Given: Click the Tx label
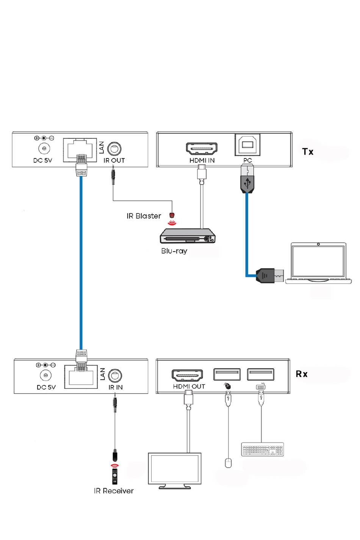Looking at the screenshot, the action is pyautogui.click(x=308, y=152).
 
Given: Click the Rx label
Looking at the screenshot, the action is pyautogui.click(x=301, y=374).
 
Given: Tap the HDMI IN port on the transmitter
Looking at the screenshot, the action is pyautogui.click(x=202, y=149).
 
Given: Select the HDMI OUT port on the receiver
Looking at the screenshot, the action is pyautogui.click(x=187, y=375).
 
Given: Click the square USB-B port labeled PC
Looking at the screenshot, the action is pyautogui.click(x=247, y=145).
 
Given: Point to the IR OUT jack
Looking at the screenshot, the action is pyautogui.click(x=114, y=149).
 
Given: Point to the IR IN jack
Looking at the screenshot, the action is pyautogui.click(x=115, y=376).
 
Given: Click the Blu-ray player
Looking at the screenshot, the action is pyautogui.click(x=187, y=236).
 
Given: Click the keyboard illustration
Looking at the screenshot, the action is pyautogui.click(x=262, y=449).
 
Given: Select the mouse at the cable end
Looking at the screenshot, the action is pyautogui.click(x=228, y=463).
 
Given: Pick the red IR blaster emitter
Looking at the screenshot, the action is pyautogui.click(x=172, y=215).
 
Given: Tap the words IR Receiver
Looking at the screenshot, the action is pyautogui.click(x=114, y=491).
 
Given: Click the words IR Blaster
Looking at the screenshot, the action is pyautogui.click(x=144, y=216).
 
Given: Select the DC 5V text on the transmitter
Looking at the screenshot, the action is pyautogui.click(x=43, y=160).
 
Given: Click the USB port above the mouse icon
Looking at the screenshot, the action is pyautogui.click(x=227, y=374).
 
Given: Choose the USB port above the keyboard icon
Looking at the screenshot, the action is pyautogui.click(x=260, y=374).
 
